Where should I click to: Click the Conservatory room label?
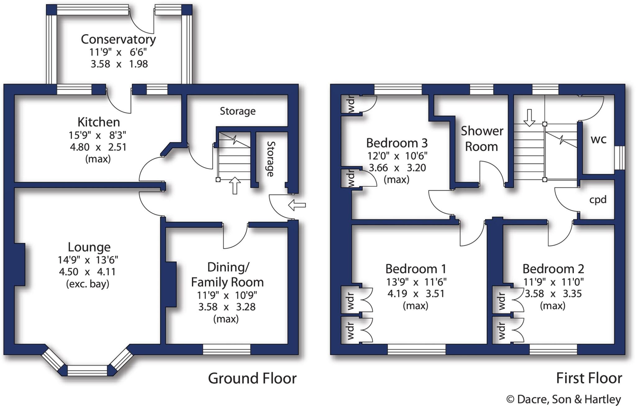tap(118, 39)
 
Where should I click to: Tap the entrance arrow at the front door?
tap(297, 205)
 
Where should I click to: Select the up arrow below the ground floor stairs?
tap(235, 185)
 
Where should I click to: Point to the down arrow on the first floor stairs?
tap(529, 118)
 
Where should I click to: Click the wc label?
tap(598, 139)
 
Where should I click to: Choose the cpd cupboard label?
tap(598, 199)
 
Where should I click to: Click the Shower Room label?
tap(482, 139)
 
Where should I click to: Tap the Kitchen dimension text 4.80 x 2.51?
tap(98, 147)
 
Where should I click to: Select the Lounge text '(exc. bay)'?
tap(88, 284)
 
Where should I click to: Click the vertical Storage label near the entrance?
tap(270, 159)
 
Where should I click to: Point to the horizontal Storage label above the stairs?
tap(238, 111)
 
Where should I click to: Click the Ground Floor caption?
tap(252, 378)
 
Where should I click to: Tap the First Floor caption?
tap(589, 378)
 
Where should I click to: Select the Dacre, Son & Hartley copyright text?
tap(564, 399)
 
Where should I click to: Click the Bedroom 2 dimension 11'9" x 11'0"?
tap(553, 282)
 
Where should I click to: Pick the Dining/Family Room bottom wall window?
tap(226, 349)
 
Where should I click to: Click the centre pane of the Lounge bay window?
tap(87, 370)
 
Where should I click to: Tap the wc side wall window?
tap(620, 158)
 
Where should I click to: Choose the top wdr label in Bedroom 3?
tap(351, 105)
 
